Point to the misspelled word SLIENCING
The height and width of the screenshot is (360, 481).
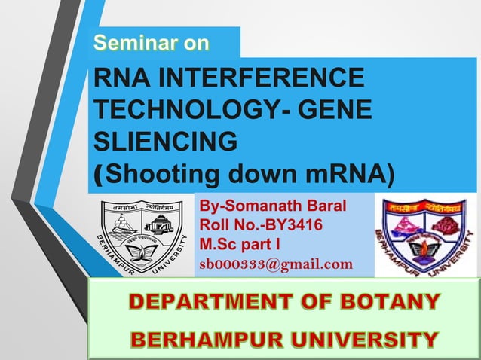point(164,141)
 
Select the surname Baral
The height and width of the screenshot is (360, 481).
point(325,206)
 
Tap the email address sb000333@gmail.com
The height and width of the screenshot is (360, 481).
point(276,264)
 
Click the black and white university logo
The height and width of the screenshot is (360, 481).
point(142,234)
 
